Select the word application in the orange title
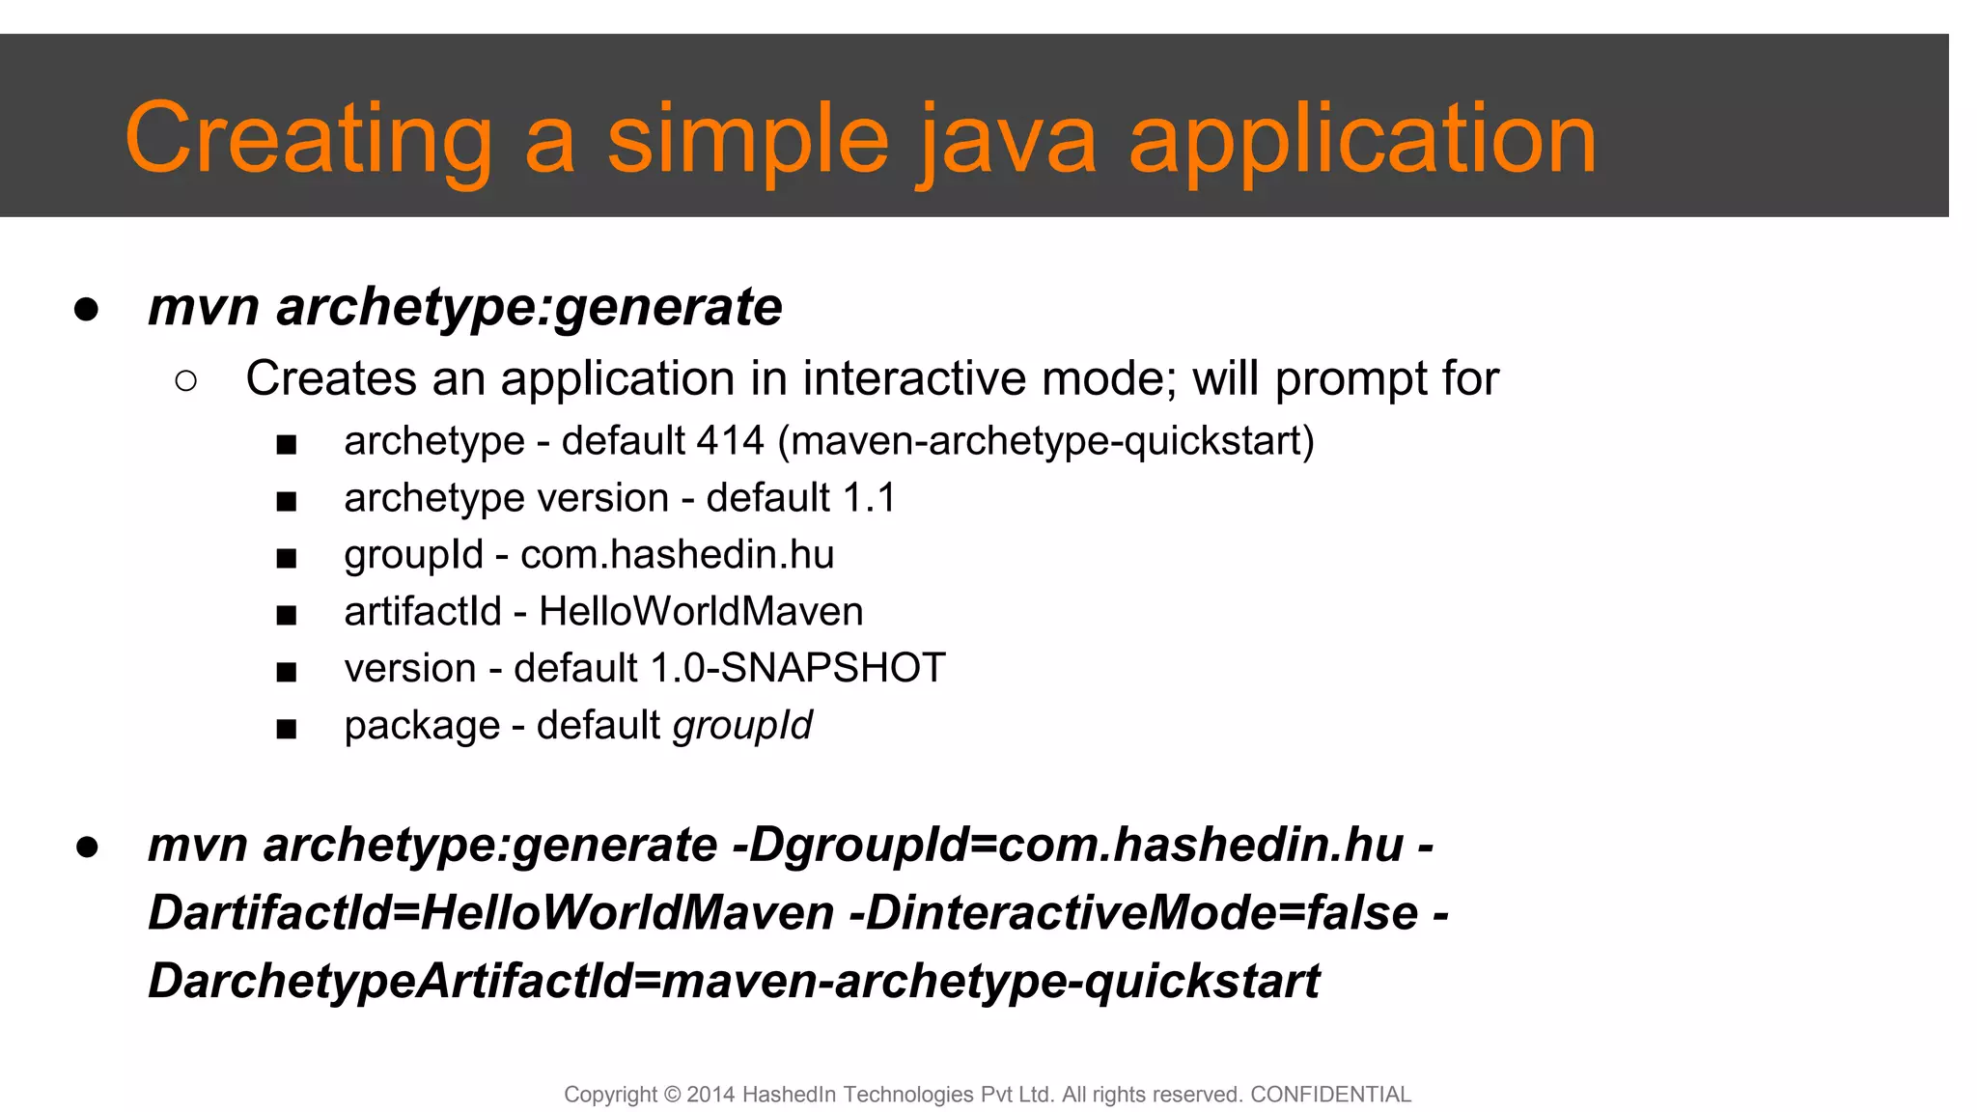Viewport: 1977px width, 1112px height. coord(1362,140)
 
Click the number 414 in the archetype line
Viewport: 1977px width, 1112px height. coord(730,441)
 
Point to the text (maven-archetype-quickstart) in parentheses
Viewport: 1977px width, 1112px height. coord(1045,441)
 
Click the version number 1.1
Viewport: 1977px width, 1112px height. coord(869,498)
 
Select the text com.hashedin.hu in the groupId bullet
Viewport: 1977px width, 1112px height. coord(677,555)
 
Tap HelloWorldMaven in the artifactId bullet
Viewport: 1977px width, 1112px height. coord(701,612)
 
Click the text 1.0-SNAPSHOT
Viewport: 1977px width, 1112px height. coord(797,668)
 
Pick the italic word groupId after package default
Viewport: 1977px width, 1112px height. coord(742,726)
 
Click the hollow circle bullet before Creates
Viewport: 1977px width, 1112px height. coord(186,381)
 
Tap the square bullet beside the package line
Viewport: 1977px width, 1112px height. coord(286,730)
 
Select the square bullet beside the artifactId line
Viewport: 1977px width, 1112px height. coord(286,616)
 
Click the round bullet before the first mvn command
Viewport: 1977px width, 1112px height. coord(86,310)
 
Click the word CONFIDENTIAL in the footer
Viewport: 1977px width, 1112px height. coord(1330,1095)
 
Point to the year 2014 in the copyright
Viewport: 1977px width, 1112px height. coord(710,1095)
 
